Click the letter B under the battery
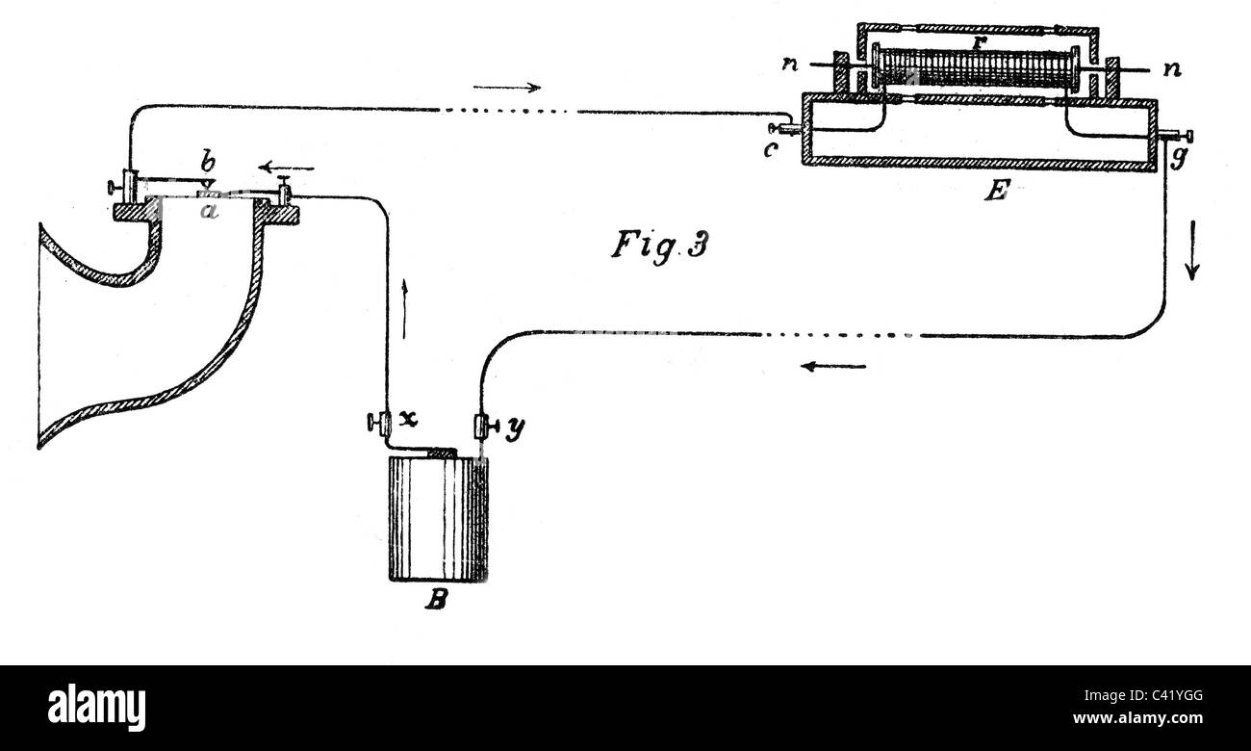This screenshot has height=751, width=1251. tap(436, 600)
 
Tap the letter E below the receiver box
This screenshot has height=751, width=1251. tap(997, 191)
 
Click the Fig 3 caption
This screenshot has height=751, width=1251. tap(660, 245)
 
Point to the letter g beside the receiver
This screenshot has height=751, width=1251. tap(1178, 158)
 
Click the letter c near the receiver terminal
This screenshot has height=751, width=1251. tap(770, 149)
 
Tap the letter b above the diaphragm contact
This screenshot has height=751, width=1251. tap(207, 163)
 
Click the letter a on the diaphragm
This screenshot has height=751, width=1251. tap(210, 211)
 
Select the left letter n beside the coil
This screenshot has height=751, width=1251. tap(790, 65)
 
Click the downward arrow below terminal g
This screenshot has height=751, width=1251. tap(1193, 249)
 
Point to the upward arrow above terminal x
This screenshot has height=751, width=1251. tap(404, 309)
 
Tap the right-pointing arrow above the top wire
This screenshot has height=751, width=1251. tap(507, 87)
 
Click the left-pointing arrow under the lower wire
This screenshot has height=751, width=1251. tap(833, 367)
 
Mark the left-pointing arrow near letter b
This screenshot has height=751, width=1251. tap(287, 168)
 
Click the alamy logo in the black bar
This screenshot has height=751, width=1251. tap(96, 708)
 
